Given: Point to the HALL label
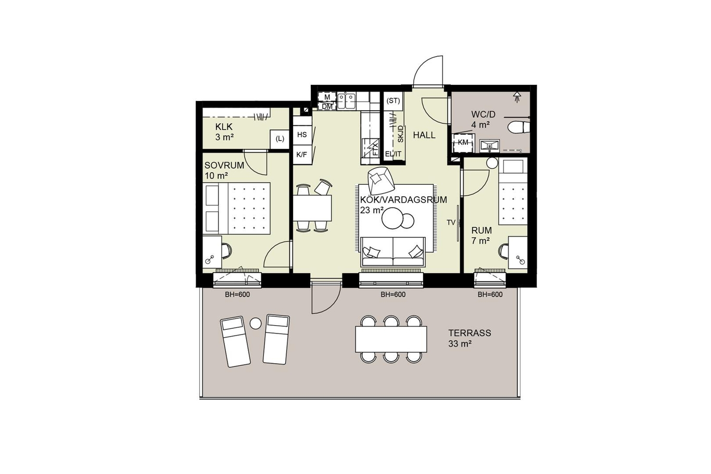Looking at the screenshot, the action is [424, 135].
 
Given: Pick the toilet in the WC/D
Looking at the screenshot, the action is [518, 128].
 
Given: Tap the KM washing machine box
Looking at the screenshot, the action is [463, 143].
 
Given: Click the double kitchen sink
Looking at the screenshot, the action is [346, 100].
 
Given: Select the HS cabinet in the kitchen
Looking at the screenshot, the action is [302, 135].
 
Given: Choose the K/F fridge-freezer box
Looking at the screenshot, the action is [302, 155].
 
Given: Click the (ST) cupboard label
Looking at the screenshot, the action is [393, 101].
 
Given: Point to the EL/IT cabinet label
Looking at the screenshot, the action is [393, 154].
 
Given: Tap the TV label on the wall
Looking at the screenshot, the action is [451, 223].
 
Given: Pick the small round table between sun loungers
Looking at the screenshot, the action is [256, 324].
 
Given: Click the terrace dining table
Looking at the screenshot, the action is [391, 339].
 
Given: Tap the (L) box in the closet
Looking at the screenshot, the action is [280, 139].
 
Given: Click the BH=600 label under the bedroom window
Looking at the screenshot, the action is [237, 294].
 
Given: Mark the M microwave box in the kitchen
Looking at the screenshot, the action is [327, 97].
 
